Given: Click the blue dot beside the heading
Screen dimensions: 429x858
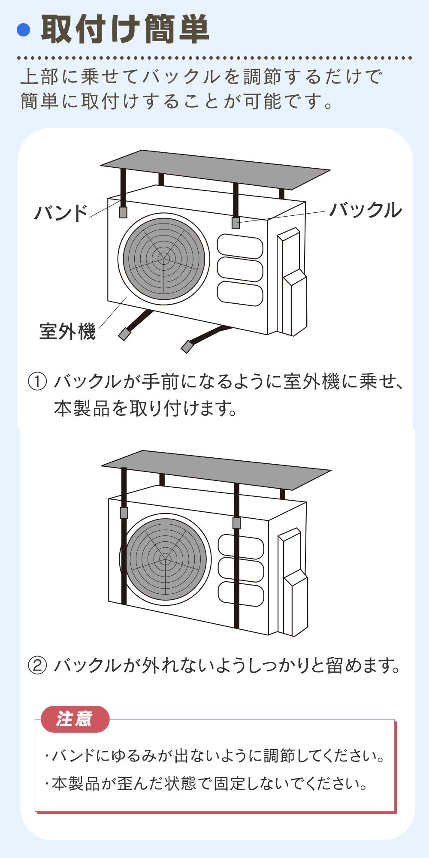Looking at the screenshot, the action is [x=24, y=30].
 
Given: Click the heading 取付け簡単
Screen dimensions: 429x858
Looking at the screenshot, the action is [x=125, y=29].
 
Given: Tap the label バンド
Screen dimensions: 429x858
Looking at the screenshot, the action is [x=61, y=213].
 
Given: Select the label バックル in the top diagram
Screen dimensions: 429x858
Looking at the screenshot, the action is [x=366, y=210].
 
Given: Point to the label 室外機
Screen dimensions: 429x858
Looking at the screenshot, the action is [x=67, y=331].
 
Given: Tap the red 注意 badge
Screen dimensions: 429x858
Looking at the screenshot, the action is [x=75, y=719].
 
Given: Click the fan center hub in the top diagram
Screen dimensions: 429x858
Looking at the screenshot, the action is [x=163, y=259].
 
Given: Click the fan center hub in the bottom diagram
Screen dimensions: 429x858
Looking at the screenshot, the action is [x=165, y=559].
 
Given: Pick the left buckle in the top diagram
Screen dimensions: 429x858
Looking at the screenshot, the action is [x=123, y=212].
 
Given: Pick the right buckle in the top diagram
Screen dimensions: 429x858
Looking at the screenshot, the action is [x=236, y=223].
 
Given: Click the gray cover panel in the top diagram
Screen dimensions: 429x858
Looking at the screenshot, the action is [x=215, y=169].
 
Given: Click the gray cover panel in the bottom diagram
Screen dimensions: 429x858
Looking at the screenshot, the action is [x=216, y=469].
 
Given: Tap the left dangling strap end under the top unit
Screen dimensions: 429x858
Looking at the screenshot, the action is [x=124, y=334].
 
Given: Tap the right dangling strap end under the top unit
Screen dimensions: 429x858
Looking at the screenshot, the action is [x=187, y=347].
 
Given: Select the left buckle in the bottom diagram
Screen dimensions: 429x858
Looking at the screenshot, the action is [x=124, y=513].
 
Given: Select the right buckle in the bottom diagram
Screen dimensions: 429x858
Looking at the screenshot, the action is [x=236, y=523].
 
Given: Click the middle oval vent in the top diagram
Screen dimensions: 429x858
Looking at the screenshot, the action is [x=240, y=269].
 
